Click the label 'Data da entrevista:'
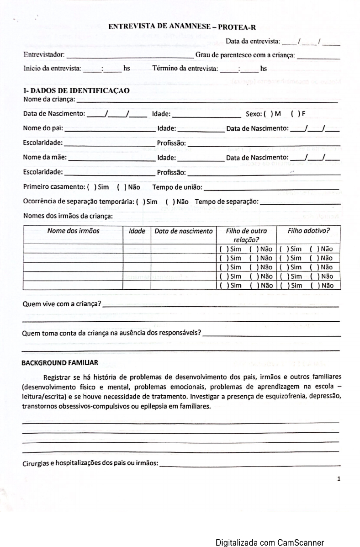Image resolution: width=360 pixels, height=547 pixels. (x=253, y=42)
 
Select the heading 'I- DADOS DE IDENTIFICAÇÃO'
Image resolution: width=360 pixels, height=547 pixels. (x=76, y=90)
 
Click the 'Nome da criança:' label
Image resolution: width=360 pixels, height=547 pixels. (x=49, y=99)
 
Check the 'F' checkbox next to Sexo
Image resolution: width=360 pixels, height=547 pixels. (x=294, y=114)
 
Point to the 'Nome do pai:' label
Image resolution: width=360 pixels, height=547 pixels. (x=43, y=128)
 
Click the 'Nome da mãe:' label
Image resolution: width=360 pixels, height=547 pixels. (x=45, y=158)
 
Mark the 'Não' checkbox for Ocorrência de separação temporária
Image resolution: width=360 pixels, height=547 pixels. (x=169, y=202)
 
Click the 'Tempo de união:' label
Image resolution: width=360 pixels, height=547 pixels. (x=177, y=187)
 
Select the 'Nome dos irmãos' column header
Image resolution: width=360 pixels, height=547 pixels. (x=73, y=231)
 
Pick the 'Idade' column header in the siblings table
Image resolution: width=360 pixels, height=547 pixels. (x=137, y=231)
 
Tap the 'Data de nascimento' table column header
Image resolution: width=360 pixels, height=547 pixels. (x=183, y=231)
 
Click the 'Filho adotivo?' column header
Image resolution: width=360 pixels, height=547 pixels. (x=308, y=231)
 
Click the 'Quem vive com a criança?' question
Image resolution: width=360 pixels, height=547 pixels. (x=62, y=304)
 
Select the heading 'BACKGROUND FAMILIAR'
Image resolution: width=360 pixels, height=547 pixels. (x=60, y=363)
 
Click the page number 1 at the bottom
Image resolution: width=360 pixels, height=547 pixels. (x=339, y=479)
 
